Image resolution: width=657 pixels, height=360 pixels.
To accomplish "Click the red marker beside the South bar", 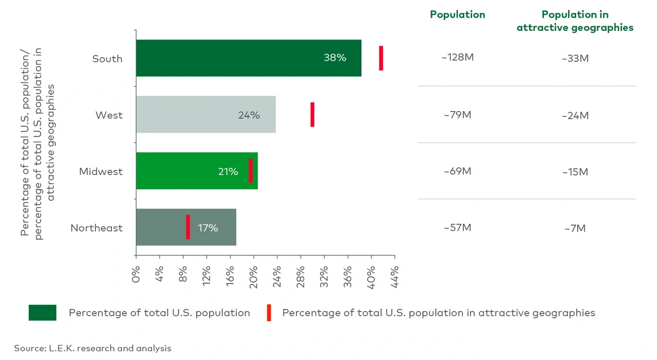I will tap(381, 58).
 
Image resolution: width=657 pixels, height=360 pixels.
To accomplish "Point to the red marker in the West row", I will tap(312, 115).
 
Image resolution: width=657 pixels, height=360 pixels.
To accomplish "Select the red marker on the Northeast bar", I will tap(188, 227).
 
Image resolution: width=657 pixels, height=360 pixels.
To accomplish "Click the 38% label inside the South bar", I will tap(335, 58).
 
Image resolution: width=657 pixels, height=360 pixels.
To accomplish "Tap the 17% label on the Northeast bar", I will tap(208, 228).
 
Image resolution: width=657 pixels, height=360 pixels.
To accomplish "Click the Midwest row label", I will tap(101, 172).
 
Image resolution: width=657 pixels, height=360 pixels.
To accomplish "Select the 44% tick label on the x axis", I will tap(395, 274).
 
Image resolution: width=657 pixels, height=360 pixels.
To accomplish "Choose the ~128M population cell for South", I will tap(457, 58).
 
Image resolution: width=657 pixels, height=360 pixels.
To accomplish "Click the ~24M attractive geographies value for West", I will tap(575, 116).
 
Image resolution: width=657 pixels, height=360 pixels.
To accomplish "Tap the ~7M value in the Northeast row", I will tap(575, 229).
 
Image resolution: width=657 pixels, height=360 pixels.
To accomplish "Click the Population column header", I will tap(457, 15).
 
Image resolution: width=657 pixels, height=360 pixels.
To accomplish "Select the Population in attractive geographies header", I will tap(575, 21).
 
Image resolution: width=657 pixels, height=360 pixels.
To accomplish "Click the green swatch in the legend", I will tap(42, 313).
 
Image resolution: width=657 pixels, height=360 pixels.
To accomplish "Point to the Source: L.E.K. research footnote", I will tap(92, 348).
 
